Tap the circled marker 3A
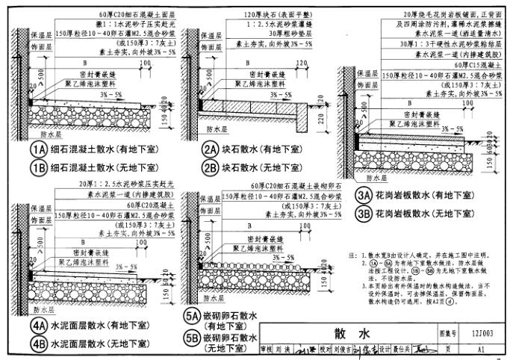coord(363,197)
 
